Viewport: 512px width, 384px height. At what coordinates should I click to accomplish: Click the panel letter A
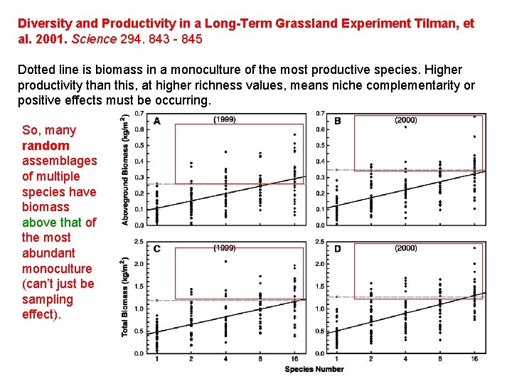click(157, 121)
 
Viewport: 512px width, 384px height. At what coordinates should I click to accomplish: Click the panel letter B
click(337, 121)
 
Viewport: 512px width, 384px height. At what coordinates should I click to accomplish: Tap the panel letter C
click(157, 248)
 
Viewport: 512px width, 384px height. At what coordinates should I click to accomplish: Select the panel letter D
click(337, 248)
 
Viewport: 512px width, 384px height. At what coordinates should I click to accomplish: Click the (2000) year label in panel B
click(405, 120)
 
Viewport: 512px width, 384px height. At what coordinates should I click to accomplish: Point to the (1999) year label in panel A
click(225, 119)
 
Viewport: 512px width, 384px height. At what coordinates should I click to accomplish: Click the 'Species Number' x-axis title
click(314, 369)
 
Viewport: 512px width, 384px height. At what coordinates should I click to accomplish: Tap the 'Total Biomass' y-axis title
click(126, 297)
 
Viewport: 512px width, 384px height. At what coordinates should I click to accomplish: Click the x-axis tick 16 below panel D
click(474, 359)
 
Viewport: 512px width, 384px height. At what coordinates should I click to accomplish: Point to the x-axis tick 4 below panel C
click(225, 359)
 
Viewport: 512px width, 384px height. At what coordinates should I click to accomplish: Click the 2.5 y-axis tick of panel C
click(139, 242)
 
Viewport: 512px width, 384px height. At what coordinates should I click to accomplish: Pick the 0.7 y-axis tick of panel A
click(139, 114)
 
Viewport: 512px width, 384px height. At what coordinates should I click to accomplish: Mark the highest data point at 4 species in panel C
click(225, 262)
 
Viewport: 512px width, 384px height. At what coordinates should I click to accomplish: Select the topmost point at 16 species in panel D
click(474, 248)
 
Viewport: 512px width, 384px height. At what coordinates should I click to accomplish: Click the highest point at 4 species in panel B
click(405, 127)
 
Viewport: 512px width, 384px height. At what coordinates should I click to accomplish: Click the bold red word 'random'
click(46, 146)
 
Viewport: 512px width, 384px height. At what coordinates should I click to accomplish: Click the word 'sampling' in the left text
click(48, 299)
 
